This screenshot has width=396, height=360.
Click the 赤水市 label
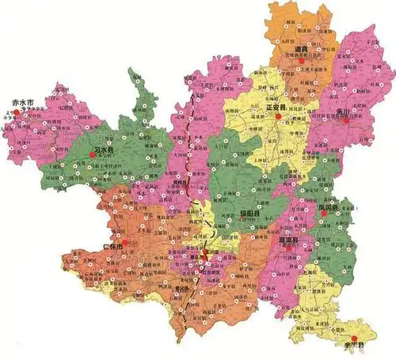[x=19, y=103]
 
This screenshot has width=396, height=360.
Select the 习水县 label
[x=105, y=148]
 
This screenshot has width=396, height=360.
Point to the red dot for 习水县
[x=93, y=155]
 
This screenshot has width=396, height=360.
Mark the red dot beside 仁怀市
[x=124, y=241]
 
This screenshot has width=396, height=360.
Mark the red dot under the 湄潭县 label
[x=289, y=248]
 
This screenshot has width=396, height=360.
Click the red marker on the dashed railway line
[x=205, y=253]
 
